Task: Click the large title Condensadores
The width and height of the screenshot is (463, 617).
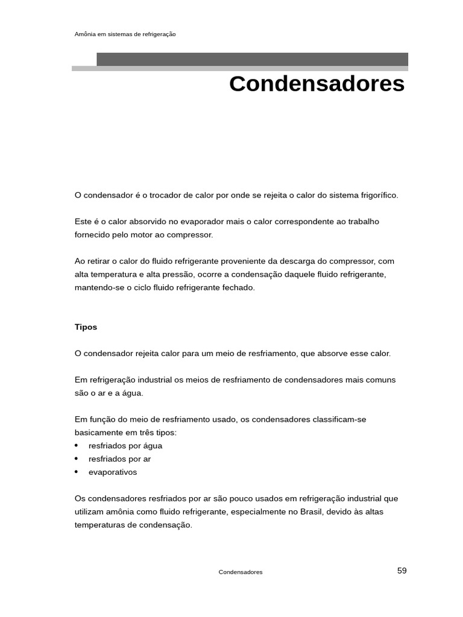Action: click(x=317, y=84)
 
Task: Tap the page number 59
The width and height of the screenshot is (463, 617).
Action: click(x=402, y=571)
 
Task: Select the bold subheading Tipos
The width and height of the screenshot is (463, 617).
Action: click(x=86, y=327)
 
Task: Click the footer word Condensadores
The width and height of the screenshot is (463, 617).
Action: click(x=241, y=572)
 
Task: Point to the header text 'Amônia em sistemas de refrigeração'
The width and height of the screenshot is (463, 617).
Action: click(x=125, y=34)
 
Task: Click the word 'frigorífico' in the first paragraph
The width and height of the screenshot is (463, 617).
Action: click(x=379, y=195)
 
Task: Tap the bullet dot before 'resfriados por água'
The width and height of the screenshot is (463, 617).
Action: click(x=77, y=446)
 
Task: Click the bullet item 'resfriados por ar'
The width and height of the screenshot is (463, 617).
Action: click(x=119, y=459)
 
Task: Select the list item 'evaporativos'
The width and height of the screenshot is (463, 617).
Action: click(x=113, y=472)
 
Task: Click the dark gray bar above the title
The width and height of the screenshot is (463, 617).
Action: click(x=252, y=59)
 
